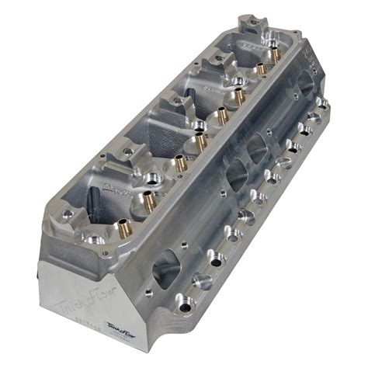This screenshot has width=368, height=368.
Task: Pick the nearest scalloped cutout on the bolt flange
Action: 200,280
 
